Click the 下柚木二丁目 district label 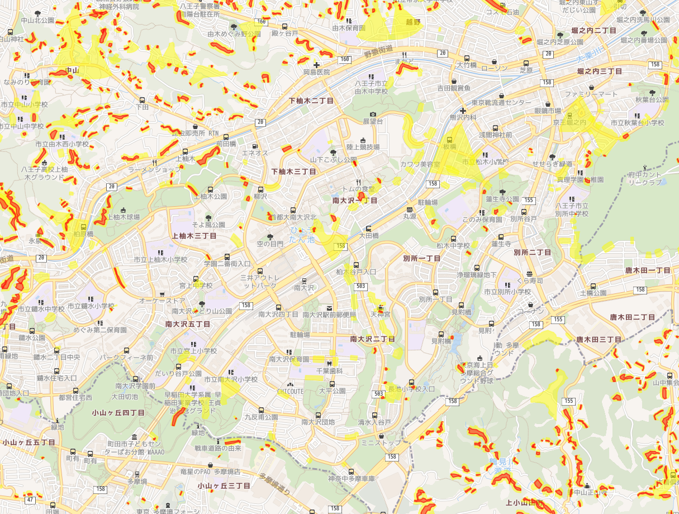click(311, 101)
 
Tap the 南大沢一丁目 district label click(355, 200)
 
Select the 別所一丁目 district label click(422, 259)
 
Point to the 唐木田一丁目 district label click(648, 270)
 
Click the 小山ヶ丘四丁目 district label click(118, 413)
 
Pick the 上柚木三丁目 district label click(194, 236)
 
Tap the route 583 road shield click(360, 286)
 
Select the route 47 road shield click(30, 499)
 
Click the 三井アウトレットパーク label click(258, 282)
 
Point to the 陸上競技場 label click(363, 147)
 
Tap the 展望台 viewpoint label click(373, 121)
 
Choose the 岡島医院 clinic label click(316, 72)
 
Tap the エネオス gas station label click(255, 153)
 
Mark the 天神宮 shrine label click(381, 315)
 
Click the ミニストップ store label click(381, 443)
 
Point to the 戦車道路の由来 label click(218, 448)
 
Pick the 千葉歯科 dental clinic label click(329, 371)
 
